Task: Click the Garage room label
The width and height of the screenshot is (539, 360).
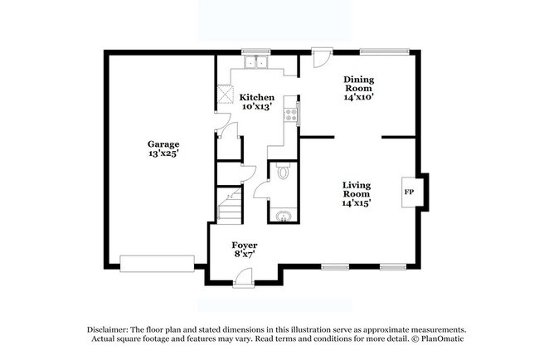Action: (x=163, y=144)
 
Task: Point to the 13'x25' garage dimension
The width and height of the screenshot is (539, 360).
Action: (x=163, y=153)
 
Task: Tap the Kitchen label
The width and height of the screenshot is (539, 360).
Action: (x=257, y=97)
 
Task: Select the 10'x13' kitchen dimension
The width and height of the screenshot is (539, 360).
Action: (x=257, y=107)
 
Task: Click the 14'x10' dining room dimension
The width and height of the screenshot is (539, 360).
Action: (x=359, y=96)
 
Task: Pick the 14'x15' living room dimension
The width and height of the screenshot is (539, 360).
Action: (x=357, y=202)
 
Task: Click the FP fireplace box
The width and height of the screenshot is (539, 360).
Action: (x=409, y=192)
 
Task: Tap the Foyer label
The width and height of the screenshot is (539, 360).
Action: (x=244, y=246)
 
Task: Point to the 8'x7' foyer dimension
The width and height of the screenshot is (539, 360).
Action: (x=244, y=255)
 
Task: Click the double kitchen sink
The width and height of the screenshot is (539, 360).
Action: (x=256, y=61)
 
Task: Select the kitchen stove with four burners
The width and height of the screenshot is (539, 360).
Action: (x=291, y=114)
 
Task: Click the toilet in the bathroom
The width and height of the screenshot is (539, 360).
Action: (x=283, y=172)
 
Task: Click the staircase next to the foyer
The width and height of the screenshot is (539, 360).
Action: (x=229, y=206)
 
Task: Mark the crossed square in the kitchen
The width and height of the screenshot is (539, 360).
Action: (x=224, y=96)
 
